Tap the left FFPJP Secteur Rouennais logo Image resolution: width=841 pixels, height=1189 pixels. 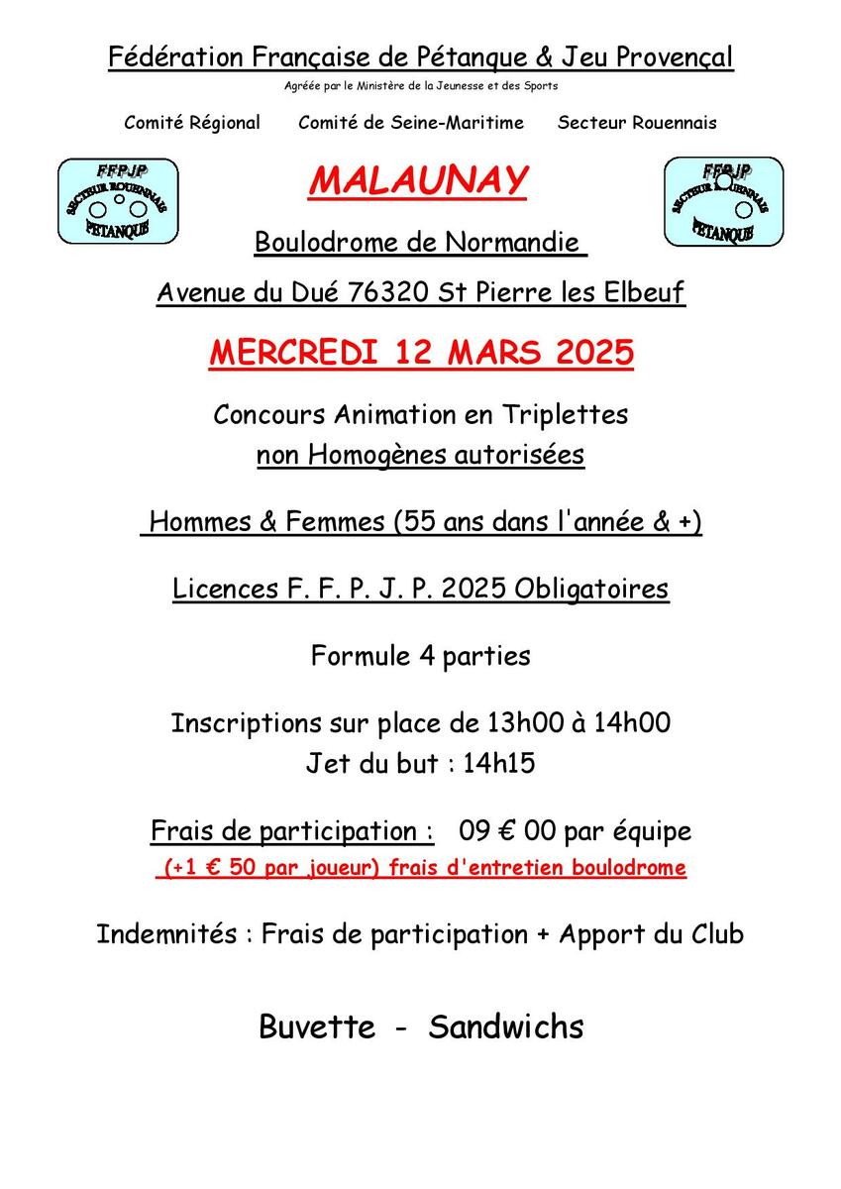pyautogui.click(x=118, y=201)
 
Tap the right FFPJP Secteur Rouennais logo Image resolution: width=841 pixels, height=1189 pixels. pyautogui.click(x=723, y=201)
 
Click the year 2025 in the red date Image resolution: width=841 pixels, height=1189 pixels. pyautogui.click(x=589, y=353)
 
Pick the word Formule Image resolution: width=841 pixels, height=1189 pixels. pyautogui.click(x=354, y=656)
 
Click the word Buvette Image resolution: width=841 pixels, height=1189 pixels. pyautogui.click(x=317, y=1027)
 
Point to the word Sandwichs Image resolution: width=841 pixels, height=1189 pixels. pyautogui.click(x=506, y=1027)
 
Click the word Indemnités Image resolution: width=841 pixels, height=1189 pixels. pyautogui.click(x=166, y=934)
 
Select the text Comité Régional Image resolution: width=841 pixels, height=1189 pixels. pyautogui.click(x=192, y=124)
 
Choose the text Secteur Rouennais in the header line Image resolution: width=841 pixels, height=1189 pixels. pyautogui.click(x=637, y=124)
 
